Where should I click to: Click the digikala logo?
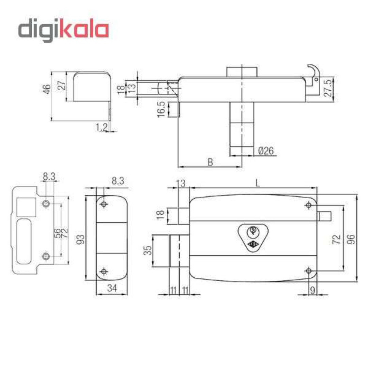63,30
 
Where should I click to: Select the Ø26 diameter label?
266,151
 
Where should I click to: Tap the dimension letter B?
210,162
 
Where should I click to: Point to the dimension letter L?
258,183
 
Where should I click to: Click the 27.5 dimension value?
328,88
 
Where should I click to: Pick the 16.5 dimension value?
161,109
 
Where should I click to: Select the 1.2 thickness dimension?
102,127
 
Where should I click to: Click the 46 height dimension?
47,89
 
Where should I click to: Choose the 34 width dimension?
112,288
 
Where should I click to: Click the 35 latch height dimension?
148,250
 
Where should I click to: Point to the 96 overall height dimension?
351,239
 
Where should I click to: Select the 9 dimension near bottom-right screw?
312,290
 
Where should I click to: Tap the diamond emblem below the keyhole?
253,244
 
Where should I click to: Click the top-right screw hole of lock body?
309,205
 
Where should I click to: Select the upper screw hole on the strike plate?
46,203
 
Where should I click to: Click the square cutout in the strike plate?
26,207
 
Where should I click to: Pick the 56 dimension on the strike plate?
57,233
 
